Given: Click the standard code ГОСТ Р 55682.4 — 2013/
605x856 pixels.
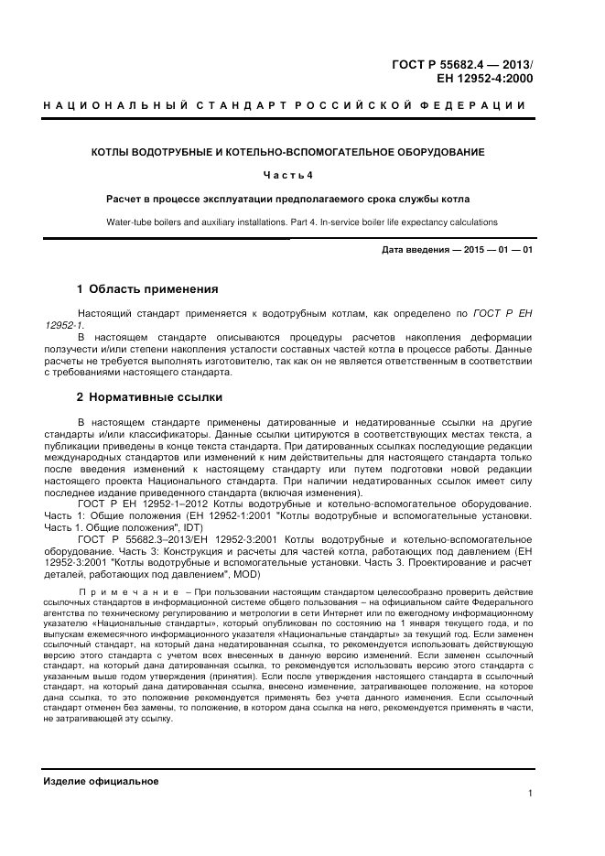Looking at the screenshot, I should coord(463,65).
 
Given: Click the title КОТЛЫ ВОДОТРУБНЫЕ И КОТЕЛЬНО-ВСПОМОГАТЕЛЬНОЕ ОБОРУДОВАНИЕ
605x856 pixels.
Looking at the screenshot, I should coord(287,151).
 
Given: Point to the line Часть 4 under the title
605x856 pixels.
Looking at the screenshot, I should coord(287,175).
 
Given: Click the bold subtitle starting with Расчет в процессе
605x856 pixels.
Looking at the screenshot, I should coord(287,199).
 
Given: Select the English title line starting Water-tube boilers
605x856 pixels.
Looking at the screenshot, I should coord(287,222).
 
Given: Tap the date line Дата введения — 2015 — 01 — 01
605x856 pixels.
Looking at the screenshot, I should coord(457,249).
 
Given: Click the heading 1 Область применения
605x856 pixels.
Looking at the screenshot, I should coord(147,289).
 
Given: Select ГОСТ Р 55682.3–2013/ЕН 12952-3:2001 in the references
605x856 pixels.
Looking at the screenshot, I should coord(176,540).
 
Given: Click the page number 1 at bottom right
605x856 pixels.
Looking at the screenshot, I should coord(530,794).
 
